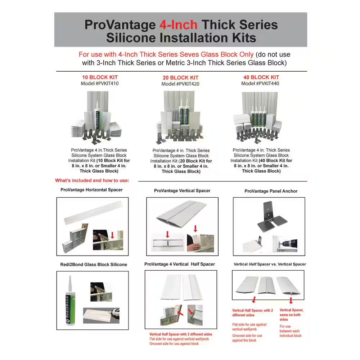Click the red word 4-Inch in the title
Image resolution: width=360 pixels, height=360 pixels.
tap(179, 25)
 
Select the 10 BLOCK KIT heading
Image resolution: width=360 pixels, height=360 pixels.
tap(100, 77)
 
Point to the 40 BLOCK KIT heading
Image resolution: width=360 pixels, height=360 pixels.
tap(261, 77)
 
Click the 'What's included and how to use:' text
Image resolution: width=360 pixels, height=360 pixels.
tap(92, 180)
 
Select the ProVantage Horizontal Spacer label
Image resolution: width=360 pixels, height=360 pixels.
tap(91, 190)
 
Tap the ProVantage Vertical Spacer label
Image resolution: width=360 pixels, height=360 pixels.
tap(182, 191)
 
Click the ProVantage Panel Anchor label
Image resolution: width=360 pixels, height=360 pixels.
tap(271, 191)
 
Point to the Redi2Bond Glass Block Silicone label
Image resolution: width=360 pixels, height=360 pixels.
tap(94, 265)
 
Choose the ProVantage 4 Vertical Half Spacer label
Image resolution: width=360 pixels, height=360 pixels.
tap(180, 264)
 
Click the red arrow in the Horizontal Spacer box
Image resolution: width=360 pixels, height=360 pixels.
tap(112, 235)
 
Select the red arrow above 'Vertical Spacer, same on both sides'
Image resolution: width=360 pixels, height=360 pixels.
tap(291, 301)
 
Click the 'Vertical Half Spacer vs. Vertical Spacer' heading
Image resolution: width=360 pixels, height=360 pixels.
tap(270, 264)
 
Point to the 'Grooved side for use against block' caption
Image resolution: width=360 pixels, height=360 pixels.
tap(174, 344)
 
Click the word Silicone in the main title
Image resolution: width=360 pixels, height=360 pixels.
tap(131, 38)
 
